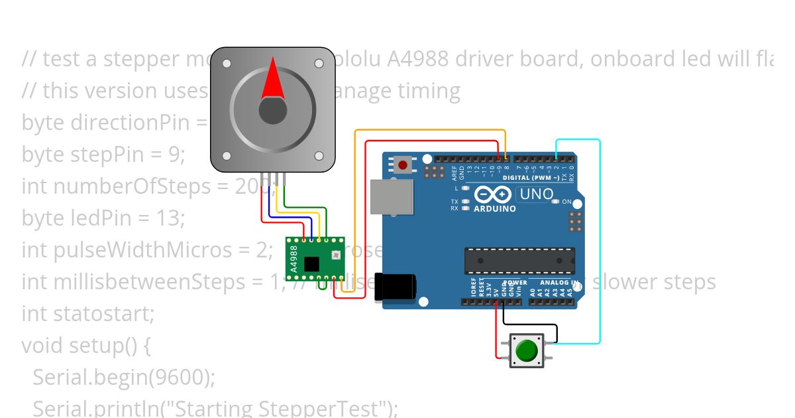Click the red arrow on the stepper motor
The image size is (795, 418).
pyautogui.click(x=272, y=78)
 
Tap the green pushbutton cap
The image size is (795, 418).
pyautogui.click(x=527, y=350)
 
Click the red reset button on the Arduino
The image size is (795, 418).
pyautogui.click(x=402, y=163)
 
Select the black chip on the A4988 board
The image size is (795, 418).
pyautogui.click(x=311, y=264)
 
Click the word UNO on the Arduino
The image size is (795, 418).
pyautogui.click(x=537, y=194)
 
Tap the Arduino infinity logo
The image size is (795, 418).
pyautogui.click(x=491, y=194)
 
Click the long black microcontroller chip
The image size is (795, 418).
pyautogui.click(x=519, y=260)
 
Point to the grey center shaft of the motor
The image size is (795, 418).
pyautogui.click(x=272, y=110)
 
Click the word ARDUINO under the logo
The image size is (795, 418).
pyautogui.click(x=496, y=208)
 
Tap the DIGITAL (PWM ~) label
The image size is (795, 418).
pyautogui.click(x=531, y=178)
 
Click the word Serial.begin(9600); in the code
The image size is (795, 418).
pyautogui.click(x=124, y=377)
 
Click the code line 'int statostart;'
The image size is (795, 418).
pyautogui.click(x=88, y=313)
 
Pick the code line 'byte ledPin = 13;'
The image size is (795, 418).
pyautogui.click(x=103, y=218)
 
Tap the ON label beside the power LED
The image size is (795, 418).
pyautogui.click(x=568, y=201)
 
